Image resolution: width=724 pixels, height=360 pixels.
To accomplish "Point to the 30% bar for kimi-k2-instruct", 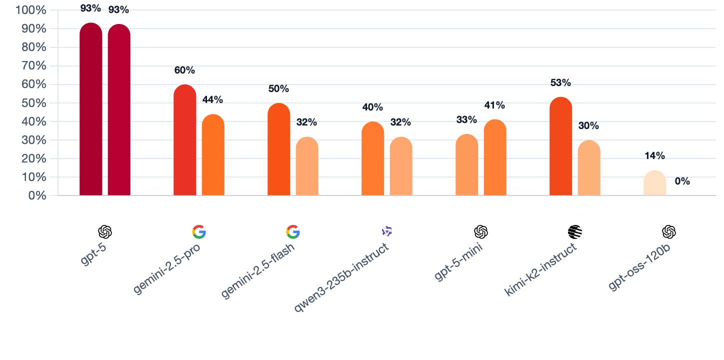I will (589, 168).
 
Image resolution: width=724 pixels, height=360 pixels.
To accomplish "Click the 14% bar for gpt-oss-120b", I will (655, 183).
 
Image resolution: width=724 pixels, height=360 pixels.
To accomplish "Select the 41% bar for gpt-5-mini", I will (495, 157).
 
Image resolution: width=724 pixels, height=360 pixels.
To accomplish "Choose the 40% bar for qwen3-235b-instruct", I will (373, 158).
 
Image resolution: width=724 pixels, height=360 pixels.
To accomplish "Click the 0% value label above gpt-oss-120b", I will (682, 181).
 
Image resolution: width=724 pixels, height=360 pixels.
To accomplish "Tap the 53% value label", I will (560, 83).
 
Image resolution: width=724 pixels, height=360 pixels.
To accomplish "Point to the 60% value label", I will (184, 70).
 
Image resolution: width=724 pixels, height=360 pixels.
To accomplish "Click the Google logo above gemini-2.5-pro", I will (199, 232).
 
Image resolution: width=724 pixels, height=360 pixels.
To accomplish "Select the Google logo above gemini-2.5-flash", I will (293, 232).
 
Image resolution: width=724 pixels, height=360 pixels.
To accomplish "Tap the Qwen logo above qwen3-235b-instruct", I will (387, 231).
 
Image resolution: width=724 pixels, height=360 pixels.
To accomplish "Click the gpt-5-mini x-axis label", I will (458, 262).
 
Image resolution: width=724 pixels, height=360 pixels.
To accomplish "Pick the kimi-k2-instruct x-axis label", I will (540, 269).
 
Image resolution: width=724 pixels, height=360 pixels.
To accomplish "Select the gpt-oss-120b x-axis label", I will (639, 267).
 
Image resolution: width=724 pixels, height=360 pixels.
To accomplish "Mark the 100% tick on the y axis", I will (31, 10).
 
